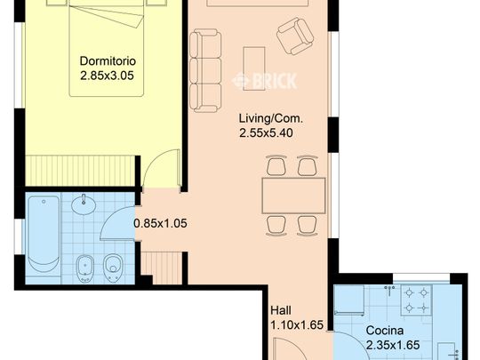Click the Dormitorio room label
pos(108,61)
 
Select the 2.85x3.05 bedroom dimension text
pos(108,76)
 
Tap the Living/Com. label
pos(271,118)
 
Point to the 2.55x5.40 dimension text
pos(267,132)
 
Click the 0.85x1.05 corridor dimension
pos(161,223)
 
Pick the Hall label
pos(281,310)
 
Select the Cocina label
pos(385,331)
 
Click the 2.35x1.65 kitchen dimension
pos(393,345)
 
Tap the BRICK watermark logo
pos(265,81)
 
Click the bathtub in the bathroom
pos(44,234)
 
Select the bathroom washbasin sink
pos(84,204)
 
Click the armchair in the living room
pos(295,36)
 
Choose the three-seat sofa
pos(205,71)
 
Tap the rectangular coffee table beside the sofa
pos(253,68)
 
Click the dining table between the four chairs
pos(293,196)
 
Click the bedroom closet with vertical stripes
pos(80,171)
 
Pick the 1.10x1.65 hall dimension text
pos(297,324)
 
